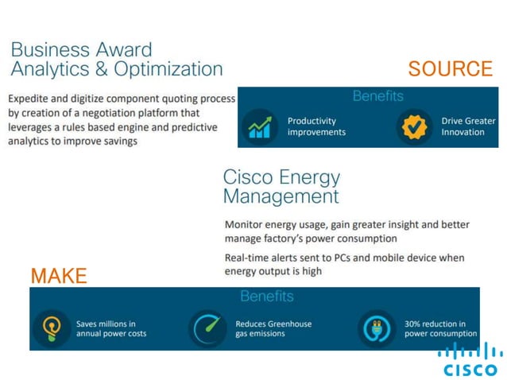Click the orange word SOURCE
point(450,69)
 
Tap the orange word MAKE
point(59,276)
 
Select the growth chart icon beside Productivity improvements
point(259,126)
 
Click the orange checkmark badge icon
point(414,126)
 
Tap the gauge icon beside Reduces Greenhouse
point(207,328)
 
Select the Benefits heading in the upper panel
point(378,96)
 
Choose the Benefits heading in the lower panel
point(266,297)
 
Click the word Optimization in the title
point(168,69)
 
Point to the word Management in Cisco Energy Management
point(281,196)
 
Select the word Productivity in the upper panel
point(312,121)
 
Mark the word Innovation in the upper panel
point(462,132)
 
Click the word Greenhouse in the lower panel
point(288,324)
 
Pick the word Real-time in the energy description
point(250,258)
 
